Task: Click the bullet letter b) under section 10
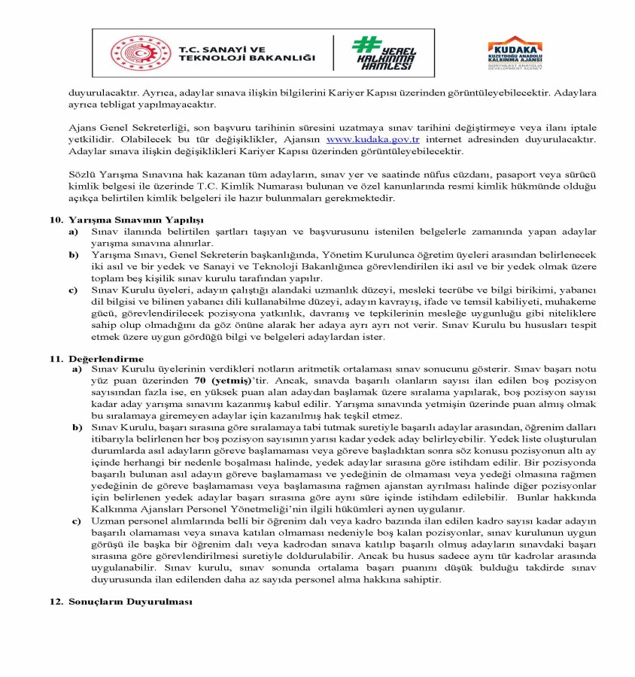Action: click(x=73, y=256)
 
